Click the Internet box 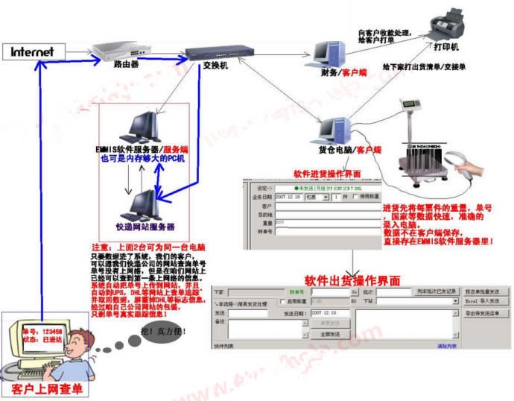pyautogui.click(x=33, y=52)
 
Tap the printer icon pyautogui.click(x=454, y=25)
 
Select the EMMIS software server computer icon pyautogui.click(x=139, y=127)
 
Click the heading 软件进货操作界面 pyautogui.click(x=327, y=173)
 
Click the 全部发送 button pyautogui.click(x=330, y=335)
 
